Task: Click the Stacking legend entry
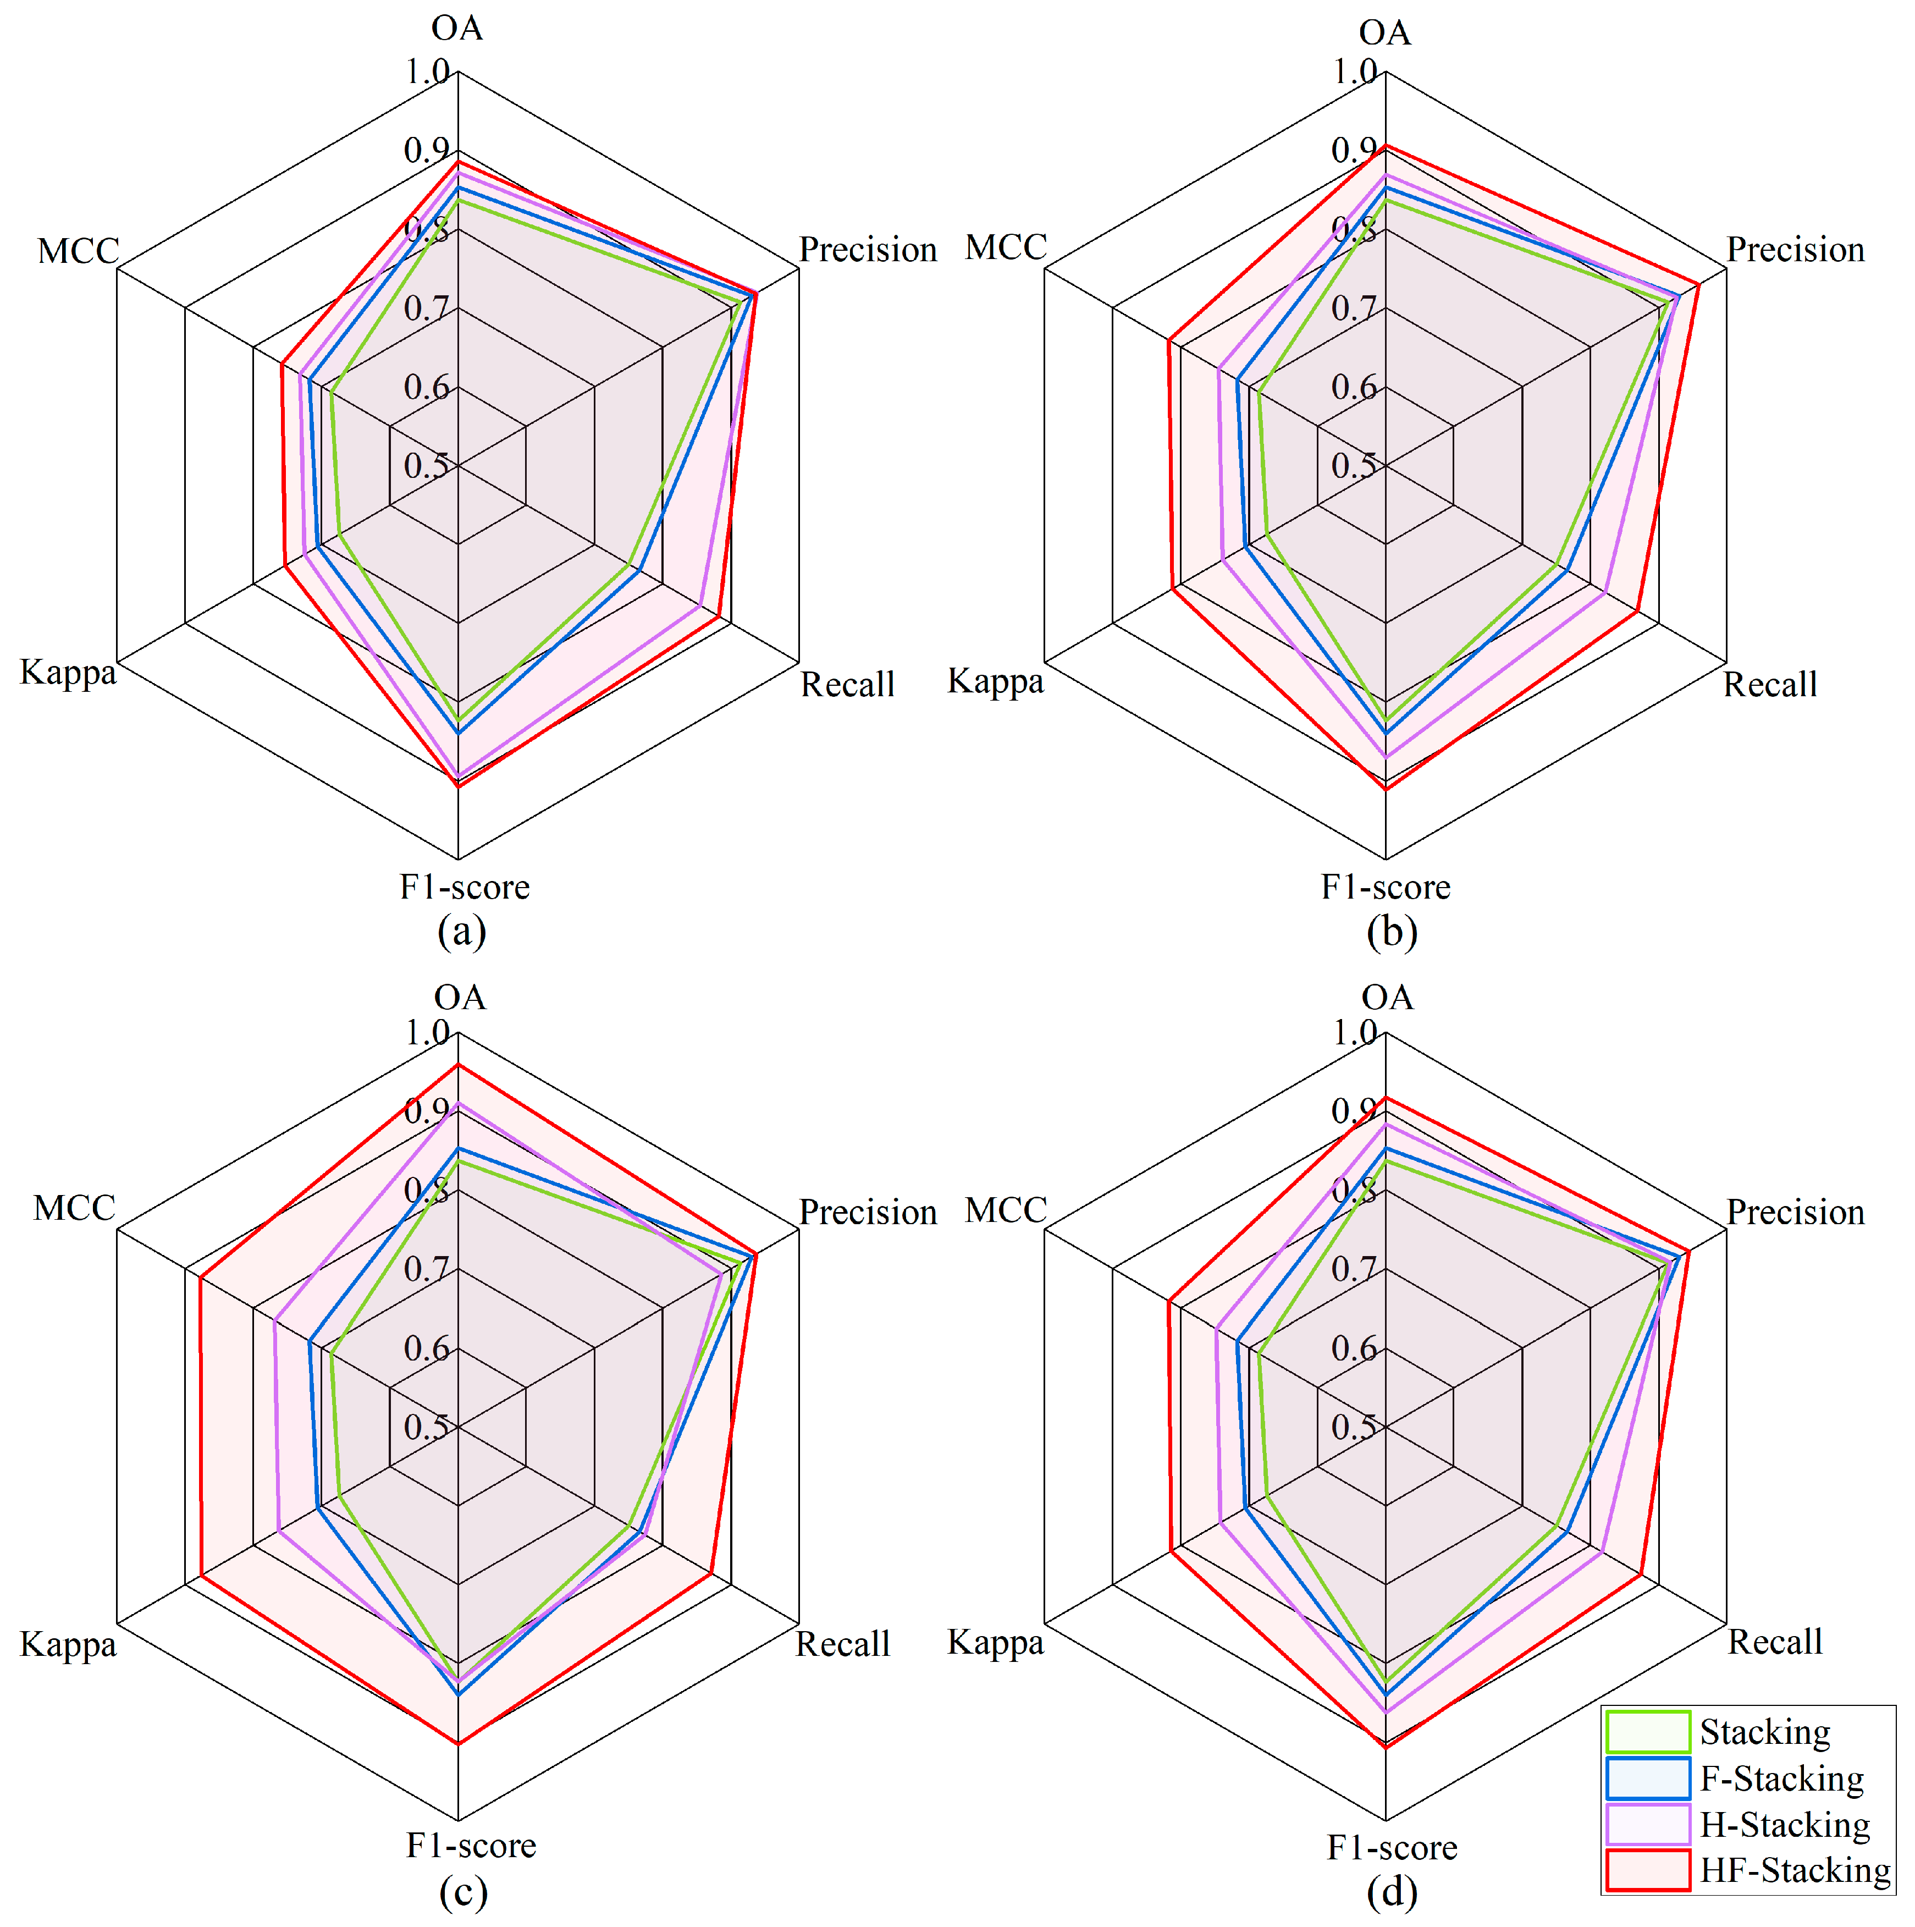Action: tap(1763, 1732)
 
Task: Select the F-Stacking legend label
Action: tap(1781, 1779)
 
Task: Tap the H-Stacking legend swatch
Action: tap(1648, 1824)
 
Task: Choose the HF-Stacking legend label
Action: tap(1794, 1870)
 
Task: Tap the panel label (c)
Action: tap(463, 1892)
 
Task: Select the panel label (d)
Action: tap(1392, 1892)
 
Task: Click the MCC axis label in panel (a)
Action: tap(78, 250)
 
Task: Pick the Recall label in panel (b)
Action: tap(1770, 684)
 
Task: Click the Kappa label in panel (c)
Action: tap(68, 1645)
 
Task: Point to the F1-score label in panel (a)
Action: tap(465, 887)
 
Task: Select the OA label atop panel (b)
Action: tap(1386, 33)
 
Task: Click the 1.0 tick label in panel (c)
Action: tap(427, 1032)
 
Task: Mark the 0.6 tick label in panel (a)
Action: tap(426, 387)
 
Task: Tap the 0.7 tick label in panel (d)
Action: tap(1354, 1269)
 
